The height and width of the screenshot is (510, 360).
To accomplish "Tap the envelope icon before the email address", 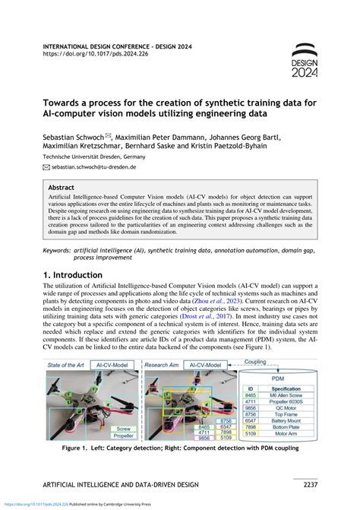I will pyautogui.click(x=46, y=166).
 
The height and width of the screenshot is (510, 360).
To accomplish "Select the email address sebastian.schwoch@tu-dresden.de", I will pyautogui.click(x=94, y=166).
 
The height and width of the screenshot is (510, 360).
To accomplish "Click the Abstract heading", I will pyautogui.click(x=62, y=186).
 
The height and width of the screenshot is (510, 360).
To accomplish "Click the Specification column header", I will pyautogui.click(x=291, y=388).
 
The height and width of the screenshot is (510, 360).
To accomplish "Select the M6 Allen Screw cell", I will pyautogui.click(x=291, y=397).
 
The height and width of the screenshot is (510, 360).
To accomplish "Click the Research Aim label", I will pyautogui.click(x=163, y=366).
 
